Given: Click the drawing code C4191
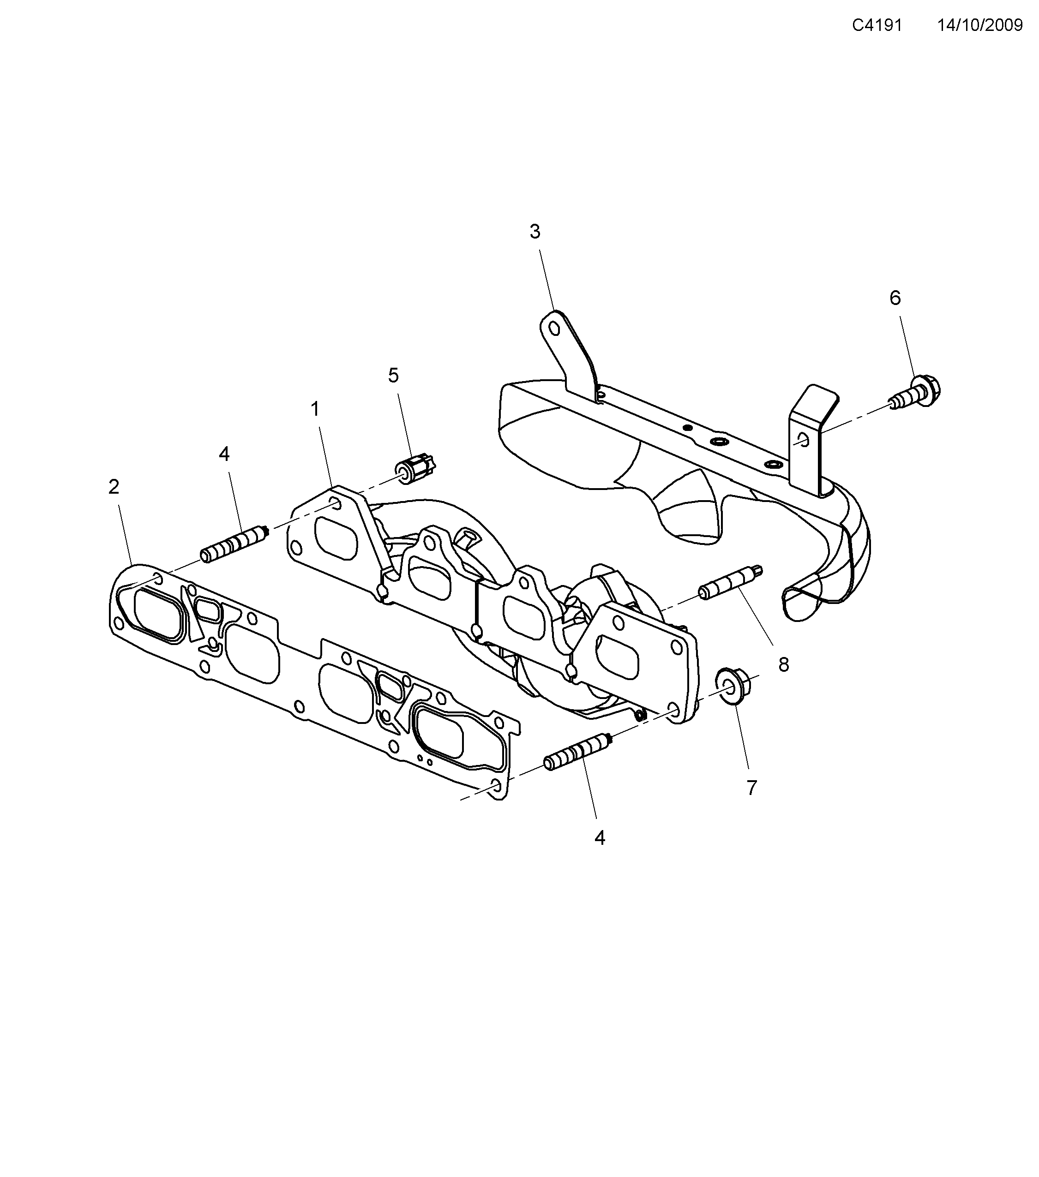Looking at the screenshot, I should coord(877,25).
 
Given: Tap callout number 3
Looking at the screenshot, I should coord(535,232).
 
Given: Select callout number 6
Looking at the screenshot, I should coord(895,298).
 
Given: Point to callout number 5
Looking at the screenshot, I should coord(393,376).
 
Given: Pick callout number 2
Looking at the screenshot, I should coord(114,487).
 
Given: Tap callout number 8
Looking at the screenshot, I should coord(783,664).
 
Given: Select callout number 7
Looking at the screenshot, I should coord(751,788).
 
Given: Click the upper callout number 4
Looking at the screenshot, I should coord(224,454).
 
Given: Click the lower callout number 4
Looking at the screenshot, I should coord(600,838).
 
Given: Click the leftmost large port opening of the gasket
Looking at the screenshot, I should coord(158,615).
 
